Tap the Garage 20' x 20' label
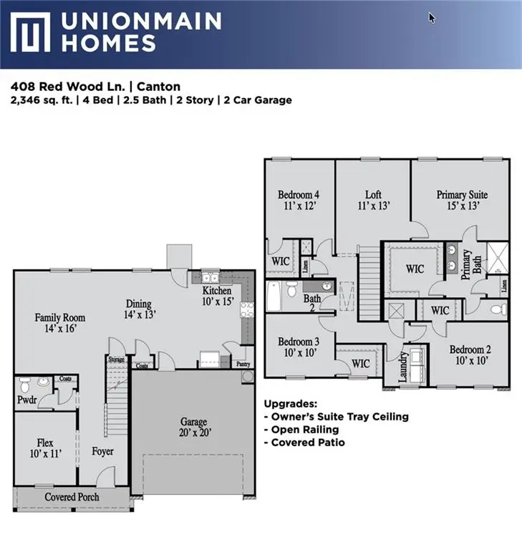pyautogui.click(x=193, y=427)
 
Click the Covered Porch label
pyautogui.click(x=72, y=496)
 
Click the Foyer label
pyautogui.click(x=102, y=452)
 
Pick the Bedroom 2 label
pyautogui.click(x=470, y=354)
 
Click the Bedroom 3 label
pyautogui.click(x=299, y=347)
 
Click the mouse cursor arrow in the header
pyautogui.click(x=432, y=17)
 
